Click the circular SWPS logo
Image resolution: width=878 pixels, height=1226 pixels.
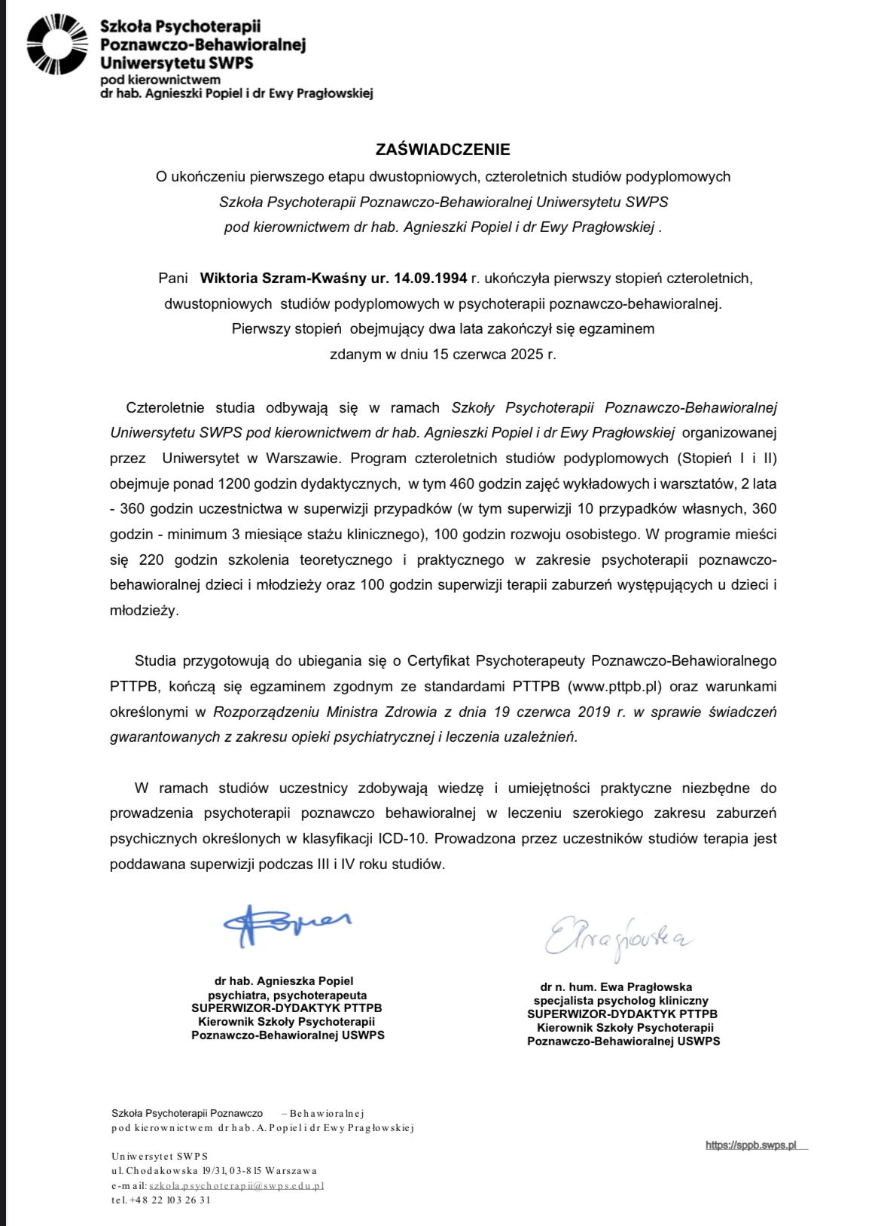click(x=57, y=44)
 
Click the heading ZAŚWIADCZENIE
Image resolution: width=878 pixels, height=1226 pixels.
click(x=444, y=149)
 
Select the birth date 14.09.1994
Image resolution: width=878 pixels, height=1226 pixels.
click(x=430, y=278)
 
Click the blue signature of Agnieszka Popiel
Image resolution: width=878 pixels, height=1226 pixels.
click(x=285, y=925)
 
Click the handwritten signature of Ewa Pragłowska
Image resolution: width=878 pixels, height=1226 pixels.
click(x=617, y=937)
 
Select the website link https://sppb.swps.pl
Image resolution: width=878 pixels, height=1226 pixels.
click(x=751, y=1145)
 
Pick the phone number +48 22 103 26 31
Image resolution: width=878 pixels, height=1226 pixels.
click(x=170, y=1200)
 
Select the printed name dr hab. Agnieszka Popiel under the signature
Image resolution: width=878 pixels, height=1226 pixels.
click(x=284, y=980)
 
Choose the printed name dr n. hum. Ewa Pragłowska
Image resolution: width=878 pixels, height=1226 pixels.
click(x=616, y=987)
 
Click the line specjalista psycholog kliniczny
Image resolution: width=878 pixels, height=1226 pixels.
click(x=621, y=1001)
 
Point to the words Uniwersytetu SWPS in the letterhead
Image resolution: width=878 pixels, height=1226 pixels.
click(x=176, y=63)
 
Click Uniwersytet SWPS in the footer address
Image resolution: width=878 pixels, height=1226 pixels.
click(x=160, y=1157)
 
